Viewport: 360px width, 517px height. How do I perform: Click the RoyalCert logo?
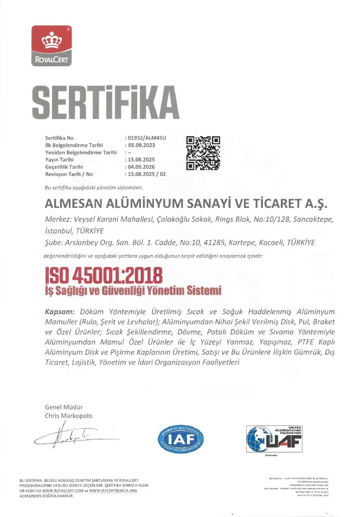click(52, 46)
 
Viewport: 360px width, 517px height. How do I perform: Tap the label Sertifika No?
click(59, 139)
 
